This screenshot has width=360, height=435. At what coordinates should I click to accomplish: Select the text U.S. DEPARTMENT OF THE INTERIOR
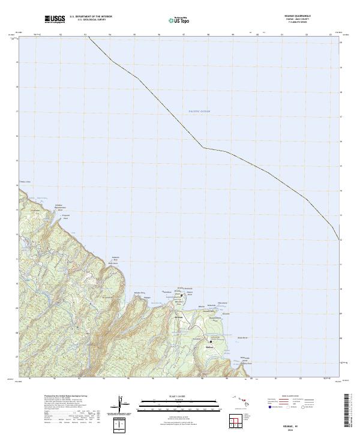point(91,17)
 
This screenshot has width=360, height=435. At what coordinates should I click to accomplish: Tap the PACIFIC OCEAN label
point(200,112)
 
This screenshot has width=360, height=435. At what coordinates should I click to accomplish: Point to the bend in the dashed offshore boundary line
point(203,147)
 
